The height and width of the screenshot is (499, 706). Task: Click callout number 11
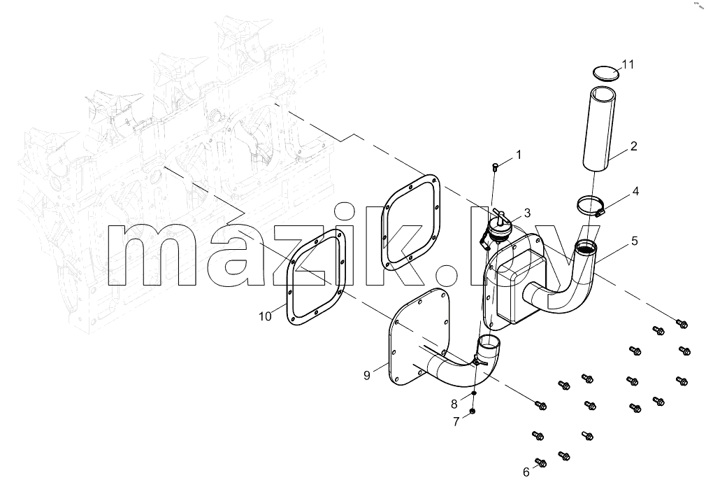(x=628, y=64)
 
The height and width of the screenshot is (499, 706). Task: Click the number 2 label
(x=633, y=146)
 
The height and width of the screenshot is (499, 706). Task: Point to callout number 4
(x=635, y=191)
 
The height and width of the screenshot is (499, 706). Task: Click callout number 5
(x=635, y=241)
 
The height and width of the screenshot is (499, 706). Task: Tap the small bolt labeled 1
(x=496, y=168)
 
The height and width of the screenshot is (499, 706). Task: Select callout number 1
(x=518, y=155)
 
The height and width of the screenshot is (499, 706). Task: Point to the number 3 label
(x=527, y=213)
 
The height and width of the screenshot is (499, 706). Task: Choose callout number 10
(x=265, y=316)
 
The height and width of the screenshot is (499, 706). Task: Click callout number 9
(x=367, y=375)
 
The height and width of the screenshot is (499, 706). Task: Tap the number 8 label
(x=454, y=404)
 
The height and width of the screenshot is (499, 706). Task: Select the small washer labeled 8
(x=474, y=393)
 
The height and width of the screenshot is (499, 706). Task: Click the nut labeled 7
(x=473, y=411)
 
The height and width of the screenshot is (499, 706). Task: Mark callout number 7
(x=456, y=422)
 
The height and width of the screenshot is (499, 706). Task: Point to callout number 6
(x=526, y=472)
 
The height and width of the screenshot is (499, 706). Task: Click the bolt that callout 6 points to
(x=541, y=463)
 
